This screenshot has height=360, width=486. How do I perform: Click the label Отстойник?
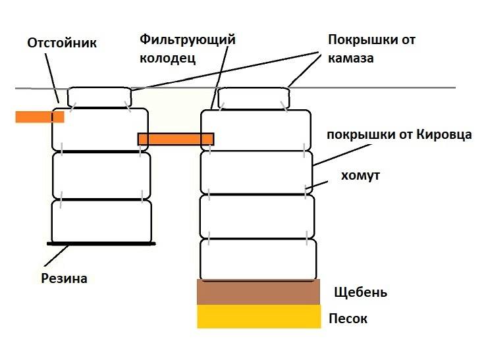(62, 43)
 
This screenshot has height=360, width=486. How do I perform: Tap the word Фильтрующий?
(187, 40)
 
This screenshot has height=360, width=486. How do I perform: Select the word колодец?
(167, 58)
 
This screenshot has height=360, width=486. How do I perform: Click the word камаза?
(350, 58)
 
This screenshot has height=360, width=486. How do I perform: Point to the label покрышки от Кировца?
(399, 135)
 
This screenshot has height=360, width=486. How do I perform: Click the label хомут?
(360, 175)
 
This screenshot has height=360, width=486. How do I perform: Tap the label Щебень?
(360, 292)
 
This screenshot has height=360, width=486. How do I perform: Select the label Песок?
(348, 319)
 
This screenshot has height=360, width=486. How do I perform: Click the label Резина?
(64, 278)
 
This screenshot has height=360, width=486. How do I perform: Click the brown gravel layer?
(259, 292)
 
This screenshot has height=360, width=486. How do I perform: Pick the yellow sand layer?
(259, 317)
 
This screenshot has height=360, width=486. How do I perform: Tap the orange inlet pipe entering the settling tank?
(40, 116)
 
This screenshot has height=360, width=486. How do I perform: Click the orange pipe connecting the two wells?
(176, 139)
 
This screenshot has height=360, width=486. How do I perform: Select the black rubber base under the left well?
(101, 244)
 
